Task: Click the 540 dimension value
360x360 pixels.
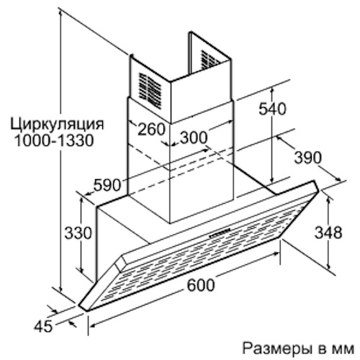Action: [x=272, y=109]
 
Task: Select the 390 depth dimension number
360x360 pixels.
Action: [x=307, y=158]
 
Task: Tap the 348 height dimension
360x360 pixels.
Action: [x=328, y=233]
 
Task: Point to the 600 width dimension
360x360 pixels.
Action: [x=200, y=285]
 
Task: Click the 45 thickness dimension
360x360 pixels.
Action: [x=42, y=326]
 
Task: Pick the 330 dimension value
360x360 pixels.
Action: [x=78, y=233]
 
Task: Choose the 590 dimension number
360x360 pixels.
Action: [x=107, y=185]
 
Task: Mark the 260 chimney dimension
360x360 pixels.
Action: [x=151, y=129]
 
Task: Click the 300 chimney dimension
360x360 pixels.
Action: [x=194, y=138]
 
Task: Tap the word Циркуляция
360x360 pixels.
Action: [x=57, y=125]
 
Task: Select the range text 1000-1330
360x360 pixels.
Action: [x=54, y=140]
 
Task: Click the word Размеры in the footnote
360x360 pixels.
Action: [x=272, y=348]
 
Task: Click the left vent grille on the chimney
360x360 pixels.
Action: [x=150, y=89]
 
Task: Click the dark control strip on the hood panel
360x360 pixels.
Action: [x=220, y=233]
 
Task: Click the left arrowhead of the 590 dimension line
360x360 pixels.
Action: [x=86, y=194]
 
